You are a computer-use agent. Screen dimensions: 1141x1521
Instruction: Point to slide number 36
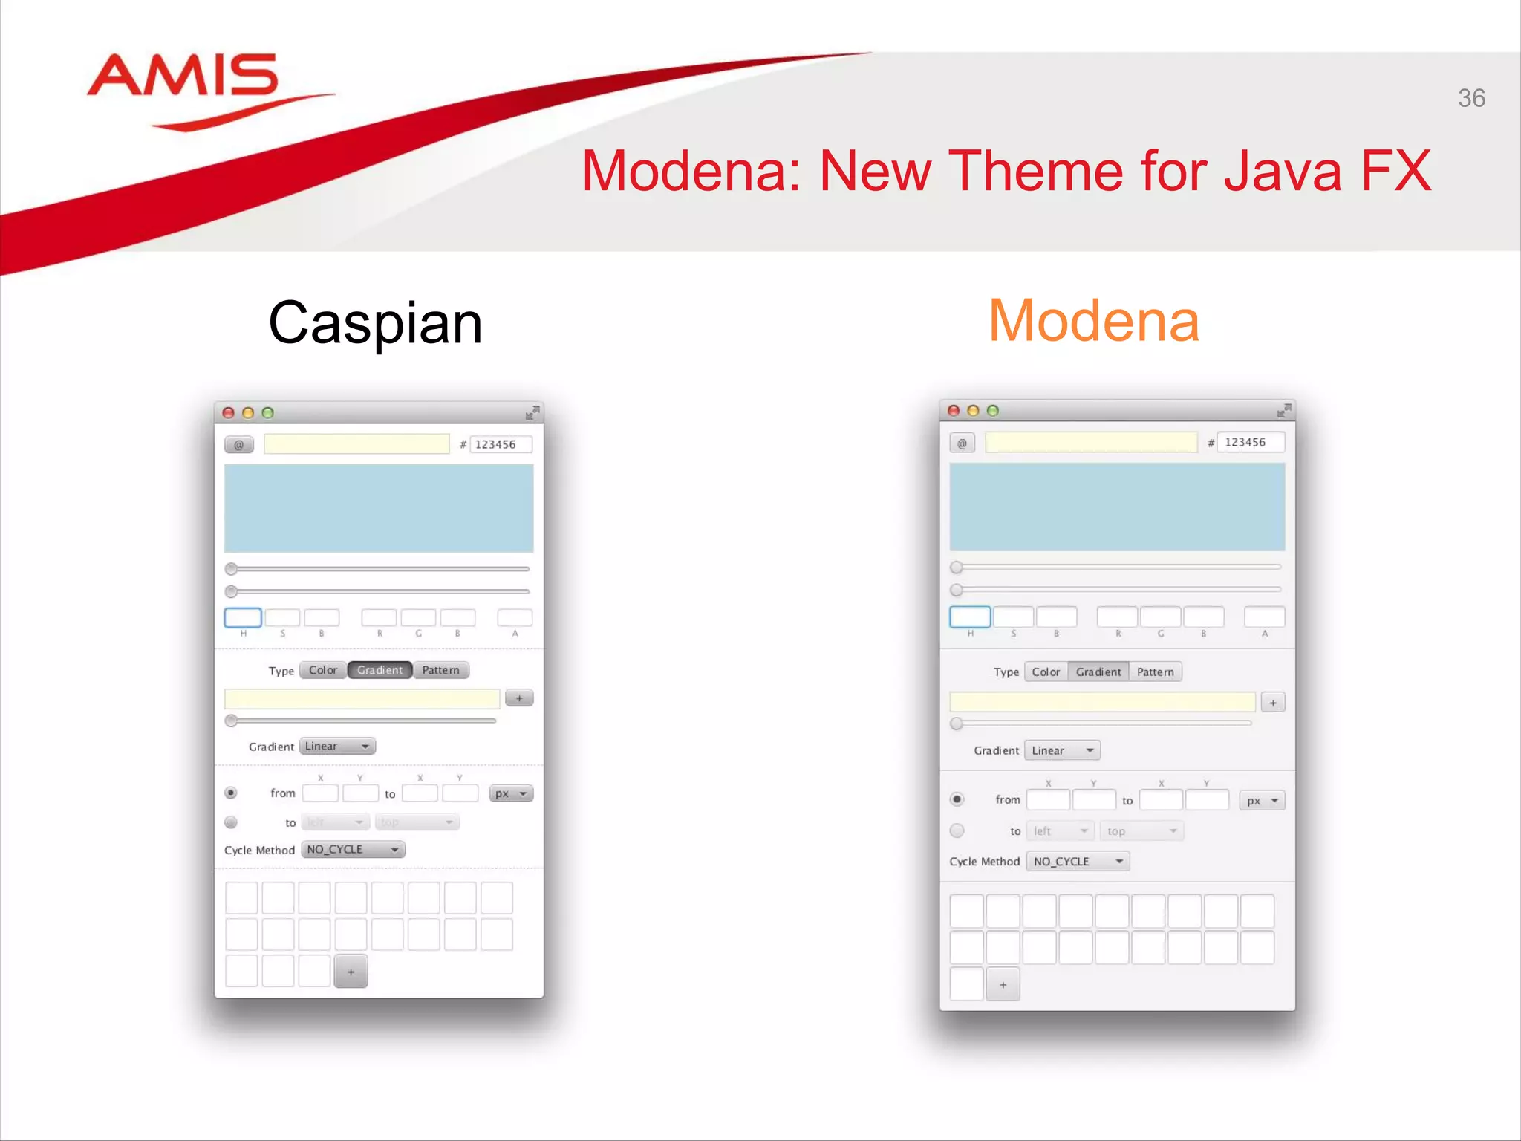1470,98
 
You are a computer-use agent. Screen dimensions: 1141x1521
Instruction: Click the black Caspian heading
375,323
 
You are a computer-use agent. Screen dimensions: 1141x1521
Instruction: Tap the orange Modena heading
1093,321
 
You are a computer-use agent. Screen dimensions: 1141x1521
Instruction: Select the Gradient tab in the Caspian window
380,670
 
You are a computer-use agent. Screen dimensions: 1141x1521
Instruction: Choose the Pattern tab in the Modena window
1155,672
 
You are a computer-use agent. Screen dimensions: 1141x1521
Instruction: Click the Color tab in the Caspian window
323,670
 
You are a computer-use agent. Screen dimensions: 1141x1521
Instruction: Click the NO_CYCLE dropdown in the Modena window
1078,861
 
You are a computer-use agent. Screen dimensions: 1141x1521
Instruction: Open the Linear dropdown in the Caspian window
337,746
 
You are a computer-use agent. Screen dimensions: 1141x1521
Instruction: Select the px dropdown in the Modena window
1262,801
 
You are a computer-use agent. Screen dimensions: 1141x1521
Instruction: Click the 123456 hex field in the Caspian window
501,444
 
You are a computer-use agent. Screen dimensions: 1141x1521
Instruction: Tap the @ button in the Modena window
962,443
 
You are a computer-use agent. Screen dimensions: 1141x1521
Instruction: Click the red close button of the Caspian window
229,413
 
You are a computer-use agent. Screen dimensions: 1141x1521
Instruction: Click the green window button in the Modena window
993,411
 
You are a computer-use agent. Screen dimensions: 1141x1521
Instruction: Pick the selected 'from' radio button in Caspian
231,793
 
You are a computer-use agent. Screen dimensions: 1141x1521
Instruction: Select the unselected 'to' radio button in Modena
957,830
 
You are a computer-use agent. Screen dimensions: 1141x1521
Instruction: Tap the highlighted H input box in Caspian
243,617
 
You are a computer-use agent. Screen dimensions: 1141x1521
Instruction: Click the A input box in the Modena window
1264,617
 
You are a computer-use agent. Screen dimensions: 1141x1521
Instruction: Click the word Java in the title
1283,172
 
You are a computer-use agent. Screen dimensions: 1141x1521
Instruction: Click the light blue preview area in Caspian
379,508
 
